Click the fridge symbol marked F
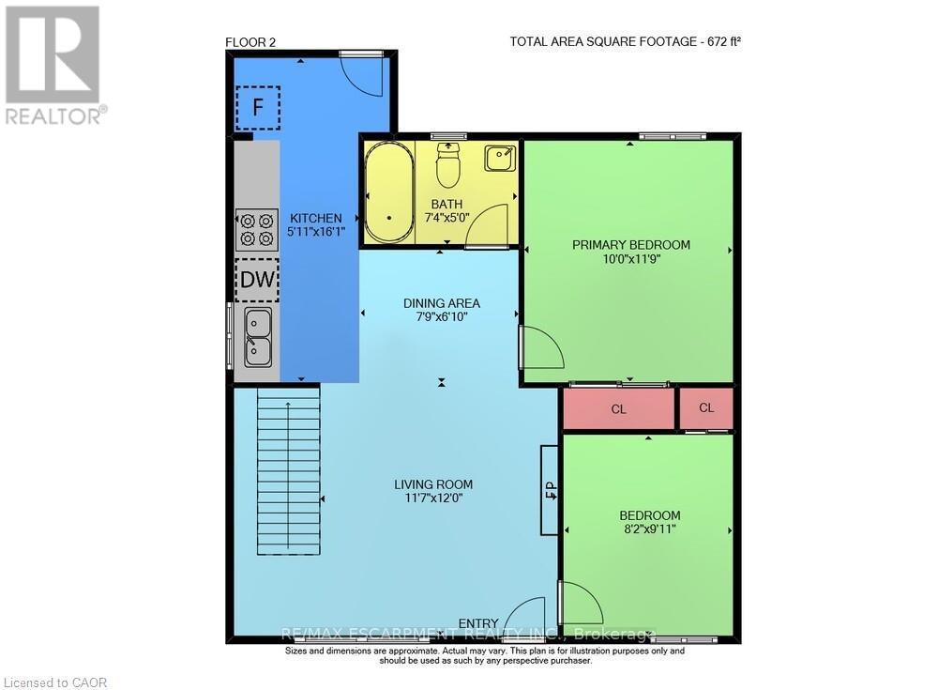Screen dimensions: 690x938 (x=257, y=108)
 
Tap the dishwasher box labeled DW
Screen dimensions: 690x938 (x=257, y=280)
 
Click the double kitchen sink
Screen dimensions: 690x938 (x=258, y=337)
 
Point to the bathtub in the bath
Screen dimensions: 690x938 (x=388, y=193)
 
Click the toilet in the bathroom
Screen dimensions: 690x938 (x=448, y=166)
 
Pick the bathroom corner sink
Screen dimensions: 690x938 (x=499, y=158)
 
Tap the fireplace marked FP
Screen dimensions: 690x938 (x=550, y=489)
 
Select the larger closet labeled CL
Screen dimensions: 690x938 (x=618, y=409)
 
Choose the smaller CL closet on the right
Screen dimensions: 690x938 (x=706, y=408)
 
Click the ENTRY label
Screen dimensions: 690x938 (x=477, y=623)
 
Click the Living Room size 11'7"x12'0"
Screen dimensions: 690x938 (x=432, y=499)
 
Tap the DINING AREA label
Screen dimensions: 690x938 (x=441, y=303)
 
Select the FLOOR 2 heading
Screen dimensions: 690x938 (x=250, y=40)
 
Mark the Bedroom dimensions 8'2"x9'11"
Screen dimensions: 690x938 (x=649, y=530)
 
